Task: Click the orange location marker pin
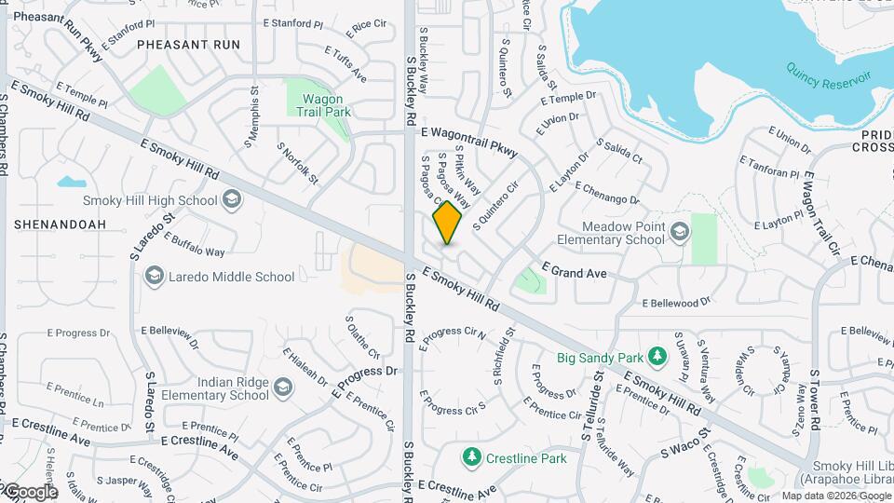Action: pos(447,223)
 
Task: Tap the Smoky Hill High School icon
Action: pos(231,199)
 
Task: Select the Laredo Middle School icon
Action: pos(154,276)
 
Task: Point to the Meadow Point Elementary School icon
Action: pos(680,231)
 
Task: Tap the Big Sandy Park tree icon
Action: pos(657,356)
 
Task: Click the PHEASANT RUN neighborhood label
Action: pos(188,44)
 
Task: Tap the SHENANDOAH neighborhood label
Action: pos(60,224)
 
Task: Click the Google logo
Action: pos(30,491)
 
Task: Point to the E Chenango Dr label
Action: pos(607,193)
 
